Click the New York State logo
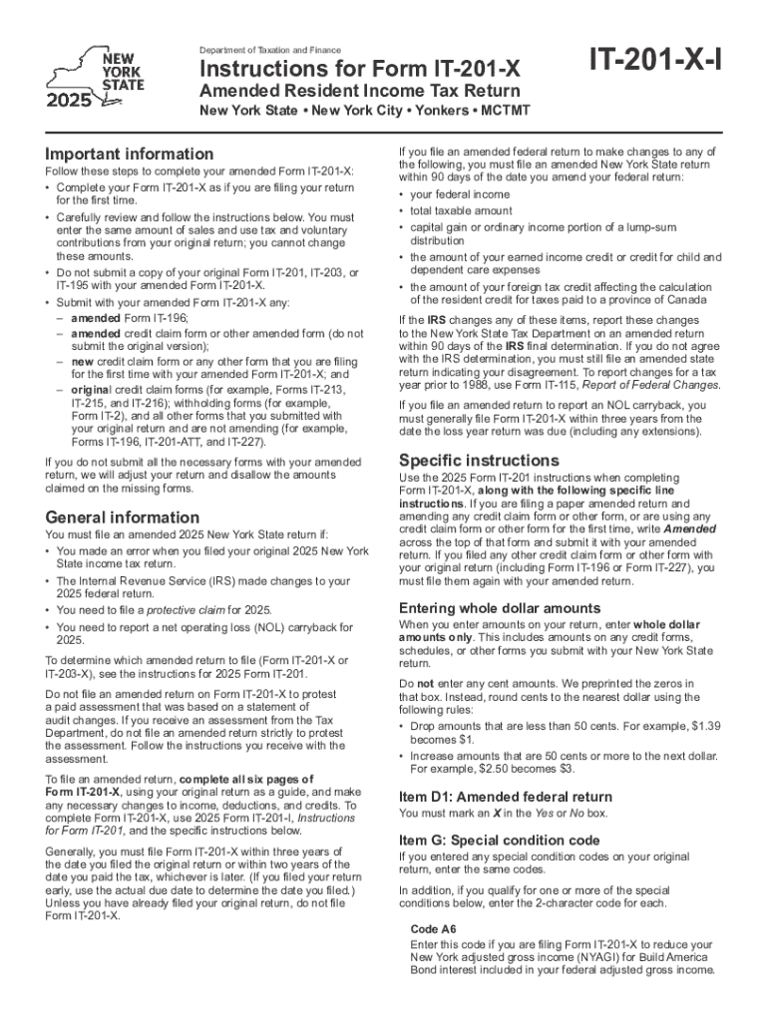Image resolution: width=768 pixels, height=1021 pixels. point(96,76)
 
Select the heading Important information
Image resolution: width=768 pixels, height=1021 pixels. point(129,154)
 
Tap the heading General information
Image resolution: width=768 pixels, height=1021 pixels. point(123,516)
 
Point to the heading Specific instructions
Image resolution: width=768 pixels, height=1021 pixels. point(479,460)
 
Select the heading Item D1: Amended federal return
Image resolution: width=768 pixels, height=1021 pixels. point(506,797)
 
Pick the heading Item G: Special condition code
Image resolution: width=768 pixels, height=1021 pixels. point(500,840)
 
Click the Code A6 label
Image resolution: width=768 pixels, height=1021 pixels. point(434,928)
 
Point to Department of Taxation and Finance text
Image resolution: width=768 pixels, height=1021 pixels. point(269,50)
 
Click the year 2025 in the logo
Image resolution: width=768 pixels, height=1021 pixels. point(67,100)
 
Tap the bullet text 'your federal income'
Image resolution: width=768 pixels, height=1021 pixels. point(460,194)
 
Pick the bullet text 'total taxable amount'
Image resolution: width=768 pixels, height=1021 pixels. point(461,211)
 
